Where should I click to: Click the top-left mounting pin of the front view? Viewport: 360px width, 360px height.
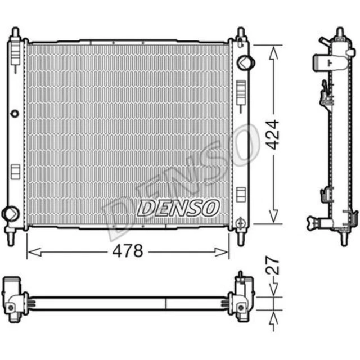pos(16,32)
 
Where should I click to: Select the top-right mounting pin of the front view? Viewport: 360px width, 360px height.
pos(241,33)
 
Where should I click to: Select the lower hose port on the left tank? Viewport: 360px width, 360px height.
pos(10,213)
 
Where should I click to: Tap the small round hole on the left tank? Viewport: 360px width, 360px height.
pos(15,114)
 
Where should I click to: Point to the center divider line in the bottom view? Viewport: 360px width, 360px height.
pos(166,303)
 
